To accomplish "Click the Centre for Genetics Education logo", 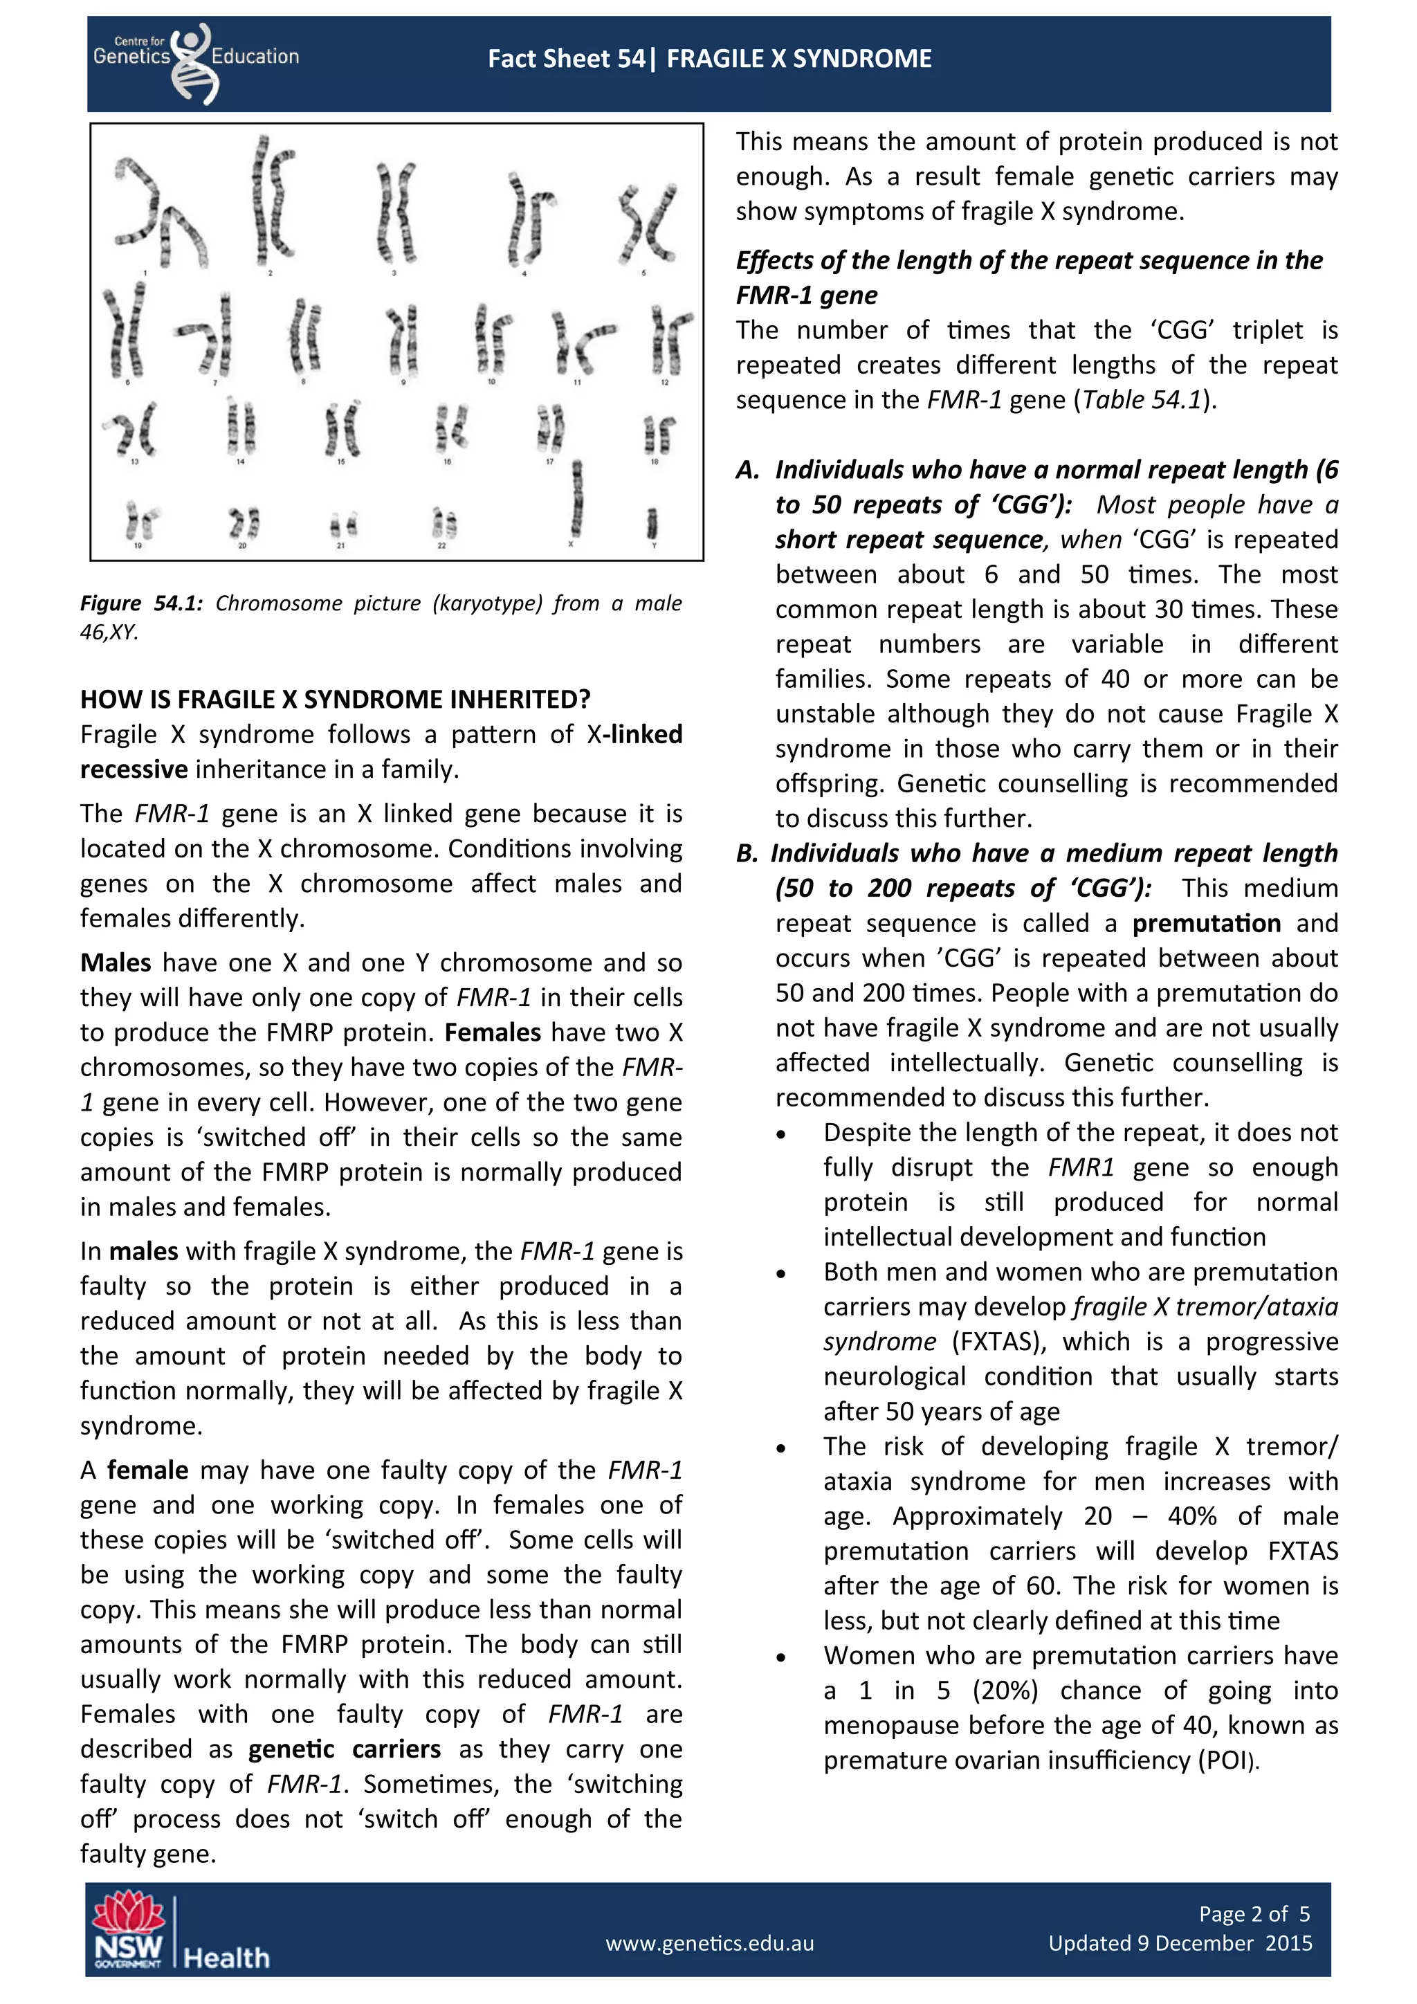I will point(196,61).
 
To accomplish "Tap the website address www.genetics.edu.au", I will point(709,1943).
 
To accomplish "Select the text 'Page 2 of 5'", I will point(1254,1913).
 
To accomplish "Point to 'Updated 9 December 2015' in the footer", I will point(1180,1943).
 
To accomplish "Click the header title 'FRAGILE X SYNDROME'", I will point(798,59).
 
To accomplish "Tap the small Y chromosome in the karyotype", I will point(652,523).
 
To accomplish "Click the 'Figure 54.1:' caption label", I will point(140,603).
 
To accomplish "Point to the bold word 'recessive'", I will point(134,769).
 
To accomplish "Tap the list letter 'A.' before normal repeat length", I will point(748,471).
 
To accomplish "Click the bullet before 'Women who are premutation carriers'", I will point(781,1657).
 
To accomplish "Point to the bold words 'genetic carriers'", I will point(344,1749).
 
